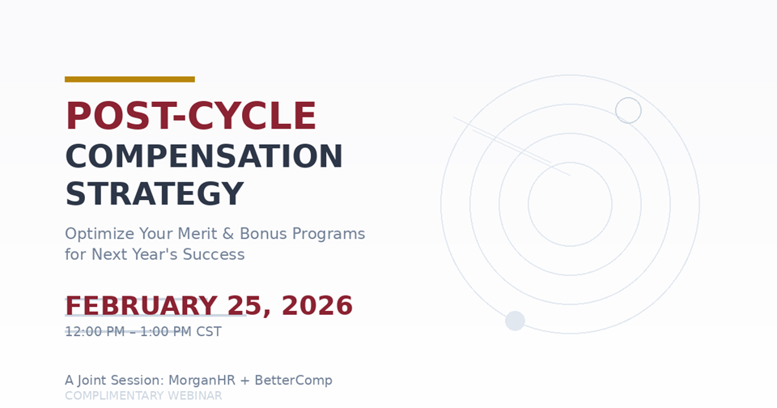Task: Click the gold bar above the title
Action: (129, 79)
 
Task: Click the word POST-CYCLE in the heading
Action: (190, 117)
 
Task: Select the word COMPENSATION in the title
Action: (204, 157)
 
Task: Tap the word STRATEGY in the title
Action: (154, 194)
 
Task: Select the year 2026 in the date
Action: (317, 306)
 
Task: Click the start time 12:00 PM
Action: (95, 332)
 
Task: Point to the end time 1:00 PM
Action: (165, 332)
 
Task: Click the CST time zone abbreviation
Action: (208, 332)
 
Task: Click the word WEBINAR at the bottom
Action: (194, 396)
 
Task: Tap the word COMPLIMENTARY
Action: (114, 396)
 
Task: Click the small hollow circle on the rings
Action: (628, 110)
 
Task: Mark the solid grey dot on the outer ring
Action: (515, 321)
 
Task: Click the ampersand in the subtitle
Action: (227, 234)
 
